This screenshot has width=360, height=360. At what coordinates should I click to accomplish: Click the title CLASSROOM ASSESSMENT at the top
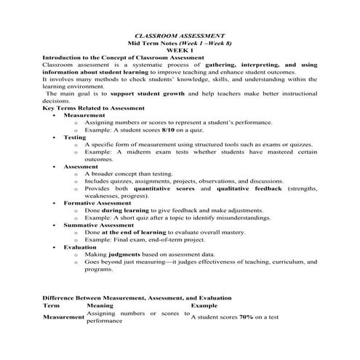click(x=180, y=36)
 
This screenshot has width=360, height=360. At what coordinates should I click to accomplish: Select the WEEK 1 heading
click(x=180, y=50)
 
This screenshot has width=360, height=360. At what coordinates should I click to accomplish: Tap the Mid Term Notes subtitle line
click(x=180, y=43)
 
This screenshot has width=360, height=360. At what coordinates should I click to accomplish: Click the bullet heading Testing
click(x=75, y=137)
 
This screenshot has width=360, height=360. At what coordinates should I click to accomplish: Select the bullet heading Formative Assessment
click(x=98, y=203)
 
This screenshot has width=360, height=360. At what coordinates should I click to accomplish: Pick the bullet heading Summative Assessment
click(x=99, y=225)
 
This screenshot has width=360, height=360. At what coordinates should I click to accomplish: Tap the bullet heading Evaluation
click(x=80, y=247)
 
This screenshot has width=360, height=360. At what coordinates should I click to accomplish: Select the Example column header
click(x=204, y=306)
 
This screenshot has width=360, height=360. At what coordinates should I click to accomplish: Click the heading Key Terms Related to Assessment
click(x=94, y=108)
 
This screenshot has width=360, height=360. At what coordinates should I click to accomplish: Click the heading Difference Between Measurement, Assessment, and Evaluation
click(x=137, y=298)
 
